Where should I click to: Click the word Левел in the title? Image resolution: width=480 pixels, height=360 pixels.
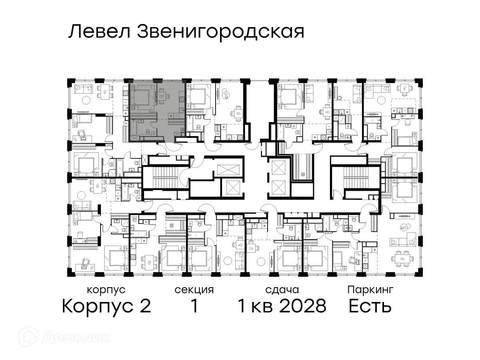point(100,32)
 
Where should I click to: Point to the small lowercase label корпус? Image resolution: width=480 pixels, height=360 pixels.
point(106,290)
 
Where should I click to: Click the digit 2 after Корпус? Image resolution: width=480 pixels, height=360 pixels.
point(145,306)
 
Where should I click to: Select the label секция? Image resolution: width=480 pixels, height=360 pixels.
point(194,290)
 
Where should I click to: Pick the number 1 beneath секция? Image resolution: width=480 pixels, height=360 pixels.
point(194,306)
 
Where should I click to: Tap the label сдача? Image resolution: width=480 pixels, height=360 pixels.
point(282,290)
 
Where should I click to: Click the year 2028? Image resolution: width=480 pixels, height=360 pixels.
point(304,306)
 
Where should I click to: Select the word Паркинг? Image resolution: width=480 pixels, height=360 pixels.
point(370,289)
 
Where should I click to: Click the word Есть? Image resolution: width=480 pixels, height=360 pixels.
point(370,306)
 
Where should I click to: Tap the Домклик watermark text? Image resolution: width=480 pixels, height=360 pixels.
point(76,337)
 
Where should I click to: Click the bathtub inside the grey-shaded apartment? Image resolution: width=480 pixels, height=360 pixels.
point(134,130)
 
